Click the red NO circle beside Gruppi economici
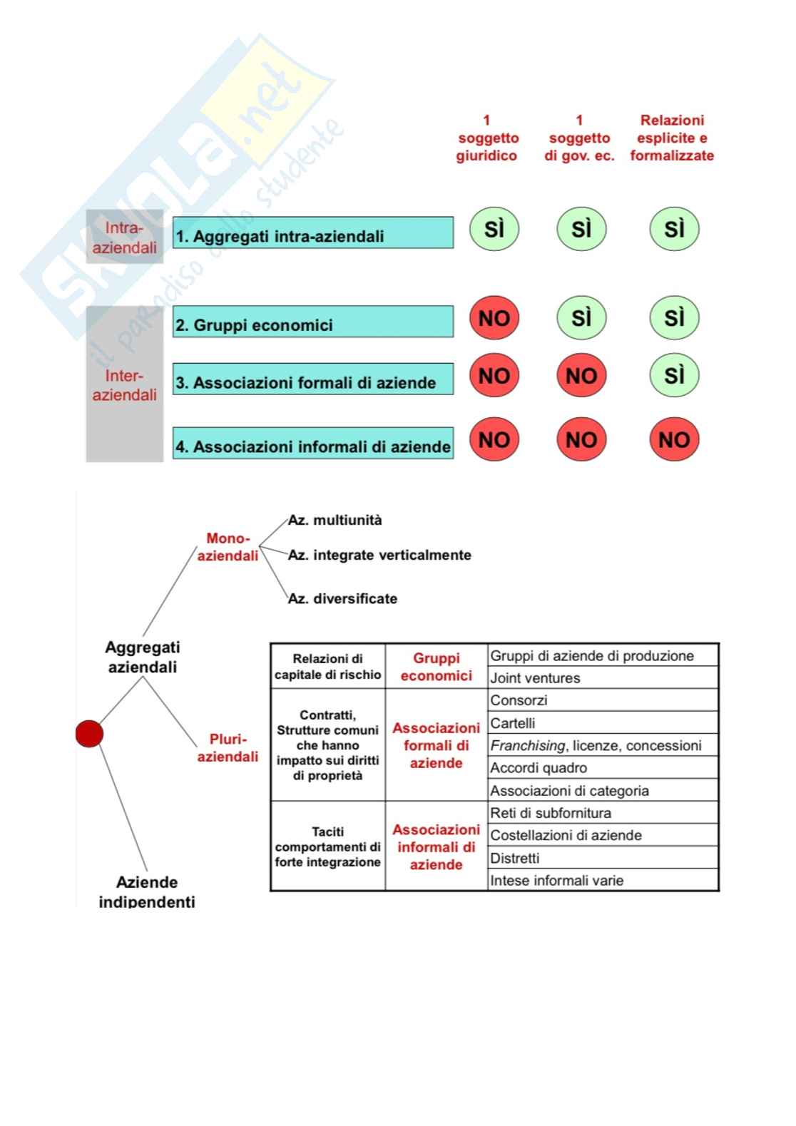pyautogui.click(x=494, y=318)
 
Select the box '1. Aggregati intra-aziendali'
pyautogui.click(x=312, y=233)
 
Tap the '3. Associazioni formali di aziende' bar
pyautogui.click(x=312, y=379)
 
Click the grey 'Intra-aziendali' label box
pyautogui.click(x=125, y=237)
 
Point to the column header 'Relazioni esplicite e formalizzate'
pyautogui.click(x=672, y=138)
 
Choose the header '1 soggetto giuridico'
pyautogui.click(x=487, y=138)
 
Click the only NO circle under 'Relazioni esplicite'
pyautogui.click(x=674, y=439)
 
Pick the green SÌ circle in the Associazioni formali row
pyautogui.click(x=674, y=376)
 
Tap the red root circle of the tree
pyautogui.click(x=89, y=734)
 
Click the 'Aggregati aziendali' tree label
pyautogui.click(x=143, y=657)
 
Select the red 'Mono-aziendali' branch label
pyautogui.click(x=228, y=547)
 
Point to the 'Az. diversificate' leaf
pyautogui.click(x=342, y=599)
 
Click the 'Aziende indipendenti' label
pyautogui.click(x=147, y=891)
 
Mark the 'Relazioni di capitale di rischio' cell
pyautogui.click(x=328, y=667)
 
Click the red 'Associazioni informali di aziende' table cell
pyautogui.click(x=436, y=847)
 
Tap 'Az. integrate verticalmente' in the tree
pyautogui.click(x=379, y=555)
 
